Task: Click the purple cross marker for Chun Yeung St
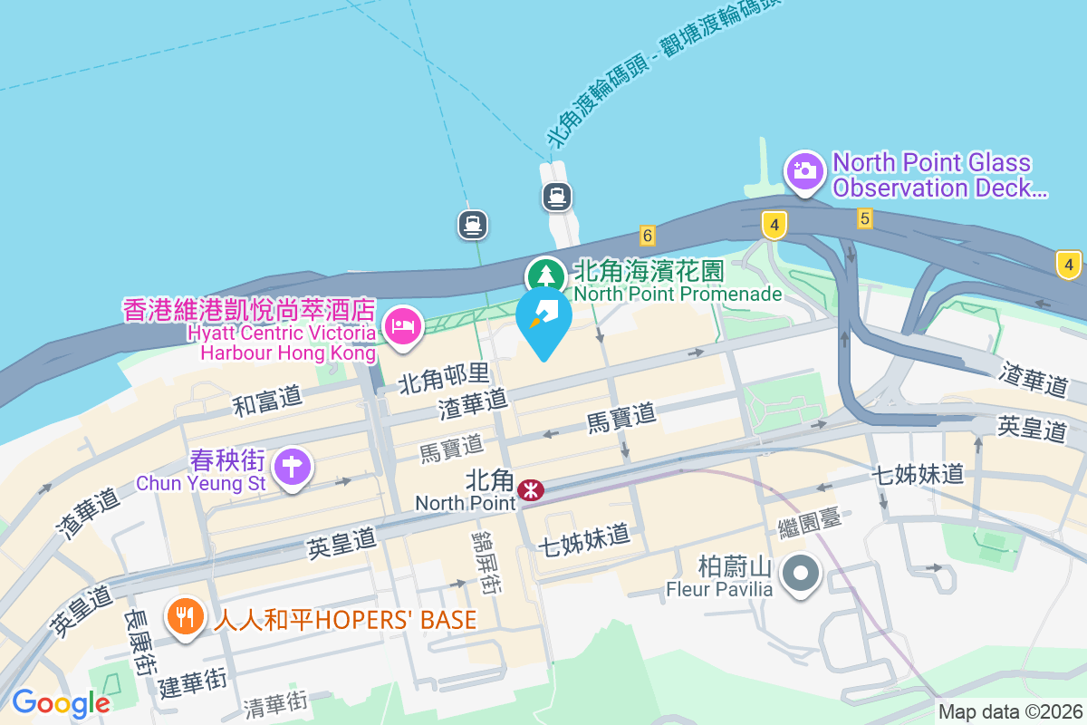[x=292, y=468]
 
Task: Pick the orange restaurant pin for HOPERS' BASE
[x=186, y=618]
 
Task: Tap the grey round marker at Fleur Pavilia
[x=801, y=575]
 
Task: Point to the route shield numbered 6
[x=647, y=236]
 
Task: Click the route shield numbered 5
[x=865, y=218]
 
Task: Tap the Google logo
[x=61, y=702]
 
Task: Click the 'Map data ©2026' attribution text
[x=1010, y=711]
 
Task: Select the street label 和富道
[x=267, y=401]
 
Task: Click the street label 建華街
[x=191, y=681]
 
